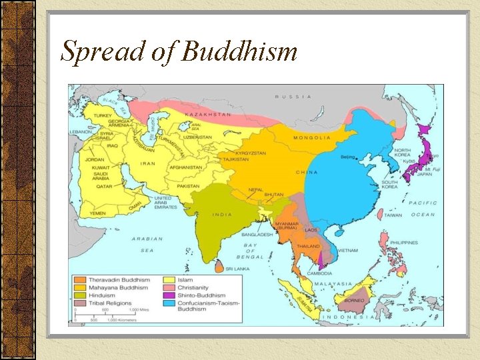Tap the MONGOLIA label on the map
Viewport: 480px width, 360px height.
[x=311, y=138]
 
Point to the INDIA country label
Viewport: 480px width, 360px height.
[x=222, y=215]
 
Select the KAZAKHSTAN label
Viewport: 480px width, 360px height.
[x=209, y=115]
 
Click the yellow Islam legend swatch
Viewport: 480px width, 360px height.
[x=170, y=280]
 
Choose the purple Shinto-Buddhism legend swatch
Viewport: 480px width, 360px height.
[x=170, y=295]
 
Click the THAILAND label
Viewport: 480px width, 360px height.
[x=309, y=246]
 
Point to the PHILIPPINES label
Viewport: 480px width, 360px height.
[x=405, y=242]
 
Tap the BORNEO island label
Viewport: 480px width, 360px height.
[x=355, y=301]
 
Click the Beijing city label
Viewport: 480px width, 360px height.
[x=347, y=157]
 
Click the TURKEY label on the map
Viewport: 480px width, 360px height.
[x=103, y=115]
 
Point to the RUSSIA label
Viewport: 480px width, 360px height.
[x=293, y=97]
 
